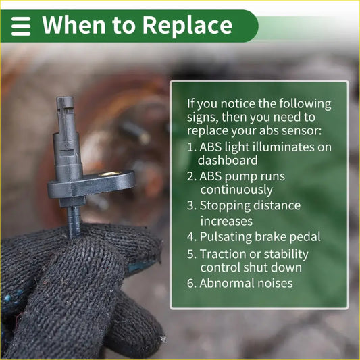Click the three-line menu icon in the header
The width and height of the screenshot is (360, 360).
pyautogui.click(x=21, y=26)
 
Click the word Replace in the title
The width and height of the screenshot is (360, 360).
pyautogui.click(x=187, y=26)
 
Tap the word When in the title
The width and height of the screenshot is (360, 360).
pyautogui.click(x=74, y=25)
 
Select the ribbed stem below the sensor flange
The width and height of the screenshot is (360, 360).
pyautogui.click(x=74, y=220)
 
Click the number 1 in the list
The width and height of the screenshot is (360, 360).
pyautogui.click(x=191, y=147)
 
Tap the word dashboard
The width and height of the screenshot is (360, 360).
pyautogui.click(x=228, y=160)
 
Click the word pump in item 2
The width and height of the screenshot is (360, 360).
pyautogui.click(x=240, y=177)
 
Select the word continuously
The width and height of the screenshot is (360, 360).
pyautogui.click(x=236, y=190)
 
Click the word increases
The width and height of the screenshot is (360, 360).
pyautogui.click(x=226, y=222)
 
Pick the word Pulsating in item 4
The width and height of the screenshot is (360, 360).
pyautogui.click(x=226, y=237)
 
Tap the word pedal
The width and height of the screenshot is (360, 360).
pyautogui.click(x=305, y=237)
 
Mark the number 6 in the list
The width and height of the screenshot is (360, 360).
pyautogui.click(x=191, y=283)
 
